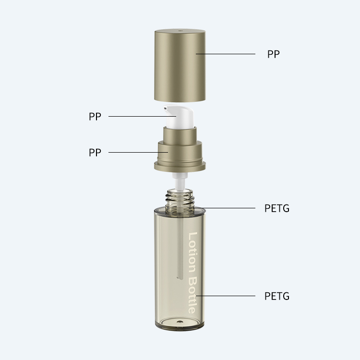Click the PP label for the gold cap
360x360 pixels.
(274, 54)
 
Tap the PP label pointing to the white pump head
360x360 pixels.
(95, 117)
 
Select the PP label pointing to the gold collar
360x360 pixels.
(95, 153)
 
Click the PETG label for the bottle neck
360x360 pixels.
(277, 208)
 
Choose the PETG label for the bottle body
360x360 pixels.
(277, 296)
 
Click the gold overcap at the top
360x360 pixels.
(180, 65)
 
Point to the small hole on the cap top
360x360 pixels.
(180, 30)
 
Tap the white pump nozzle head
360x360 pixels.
(179, 117)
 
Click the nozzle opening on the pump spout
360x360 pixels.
(165, 108)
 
